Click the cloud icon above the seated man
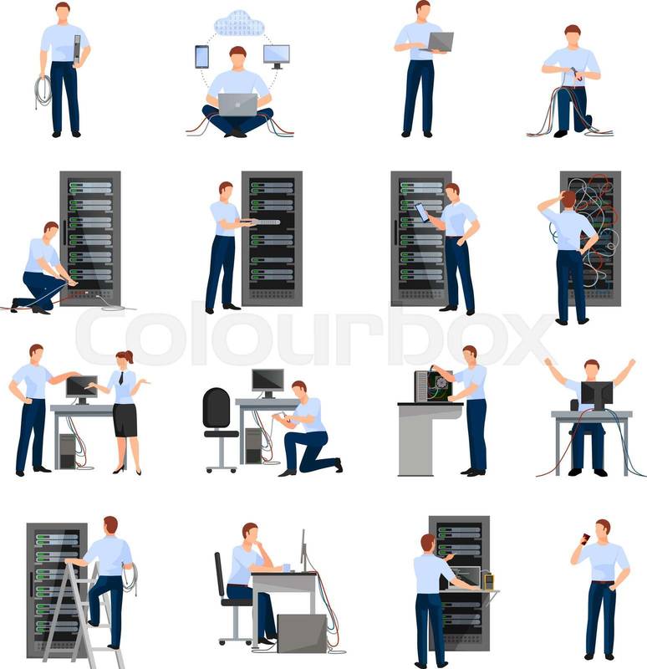pos(239,23)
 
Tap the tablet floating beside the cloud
pos(201,57)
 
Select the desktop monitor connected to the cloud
pos(277,56)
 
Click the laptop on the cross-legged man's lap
pos(238,105)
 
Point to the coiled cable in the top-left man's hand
pos(43,92)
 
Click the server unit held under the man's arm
pos(77,50)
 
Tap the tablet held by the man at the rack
pos(422,212)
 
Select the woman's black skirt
pos(125,420)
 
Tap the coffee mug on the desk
pos(287,568)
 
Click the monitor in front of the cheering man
pos(597,396)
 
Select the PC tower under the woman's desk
pos(68,451)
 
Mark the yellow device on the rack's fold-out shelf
pos(488,580)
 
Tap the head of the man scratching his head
pos(568,199)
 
